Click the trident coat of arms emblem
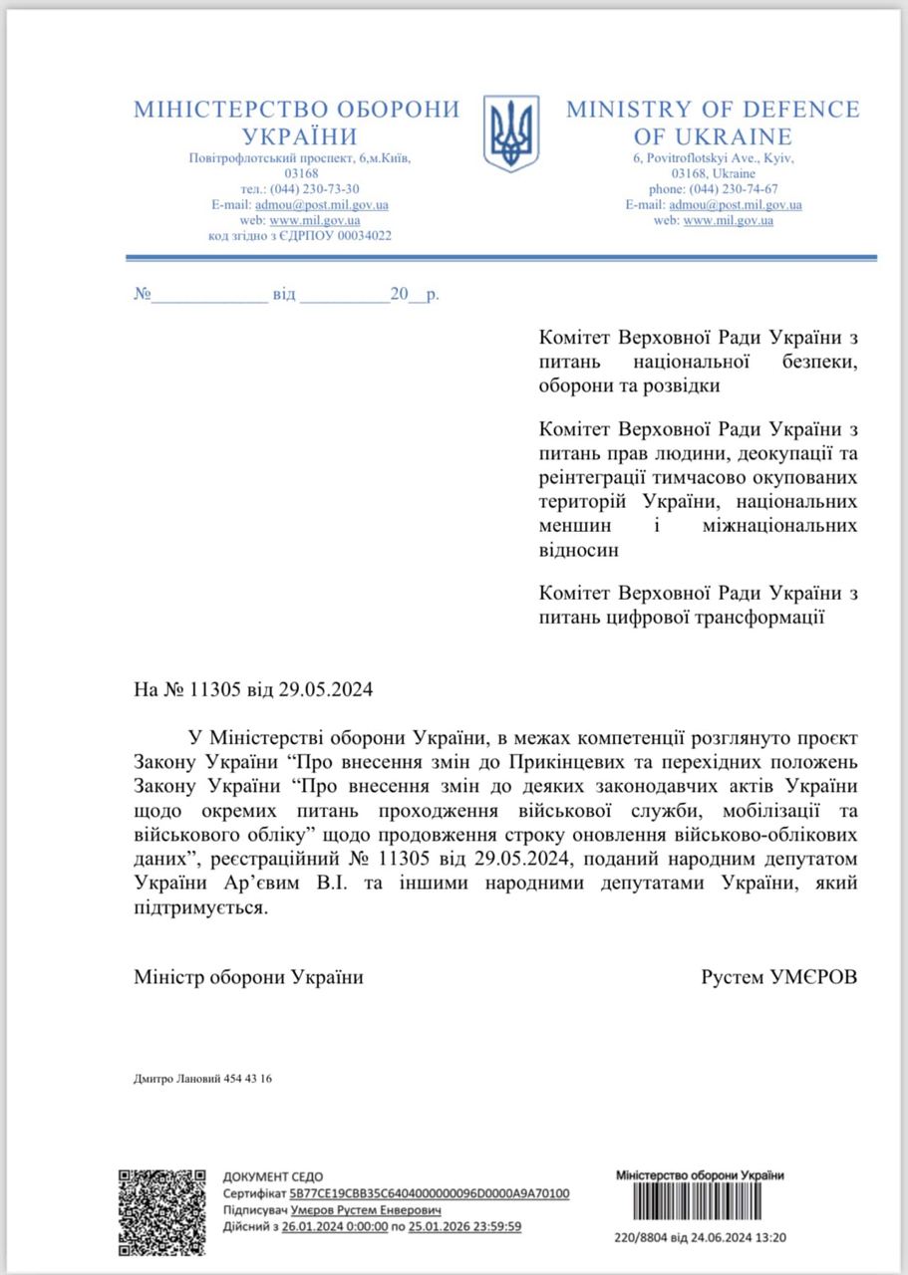[510, 133]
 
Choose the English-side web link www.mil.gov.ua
[728, 220]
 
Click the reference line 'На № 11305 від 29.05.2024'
[253, 688]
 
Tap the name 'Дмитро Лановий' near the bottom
[171, 1080]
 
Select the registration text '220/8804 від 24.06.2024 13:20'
[701, 1238]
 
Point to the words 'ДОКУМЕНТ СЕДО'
[272, 1176]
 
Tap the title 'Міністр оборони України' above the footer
[249, 977]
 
